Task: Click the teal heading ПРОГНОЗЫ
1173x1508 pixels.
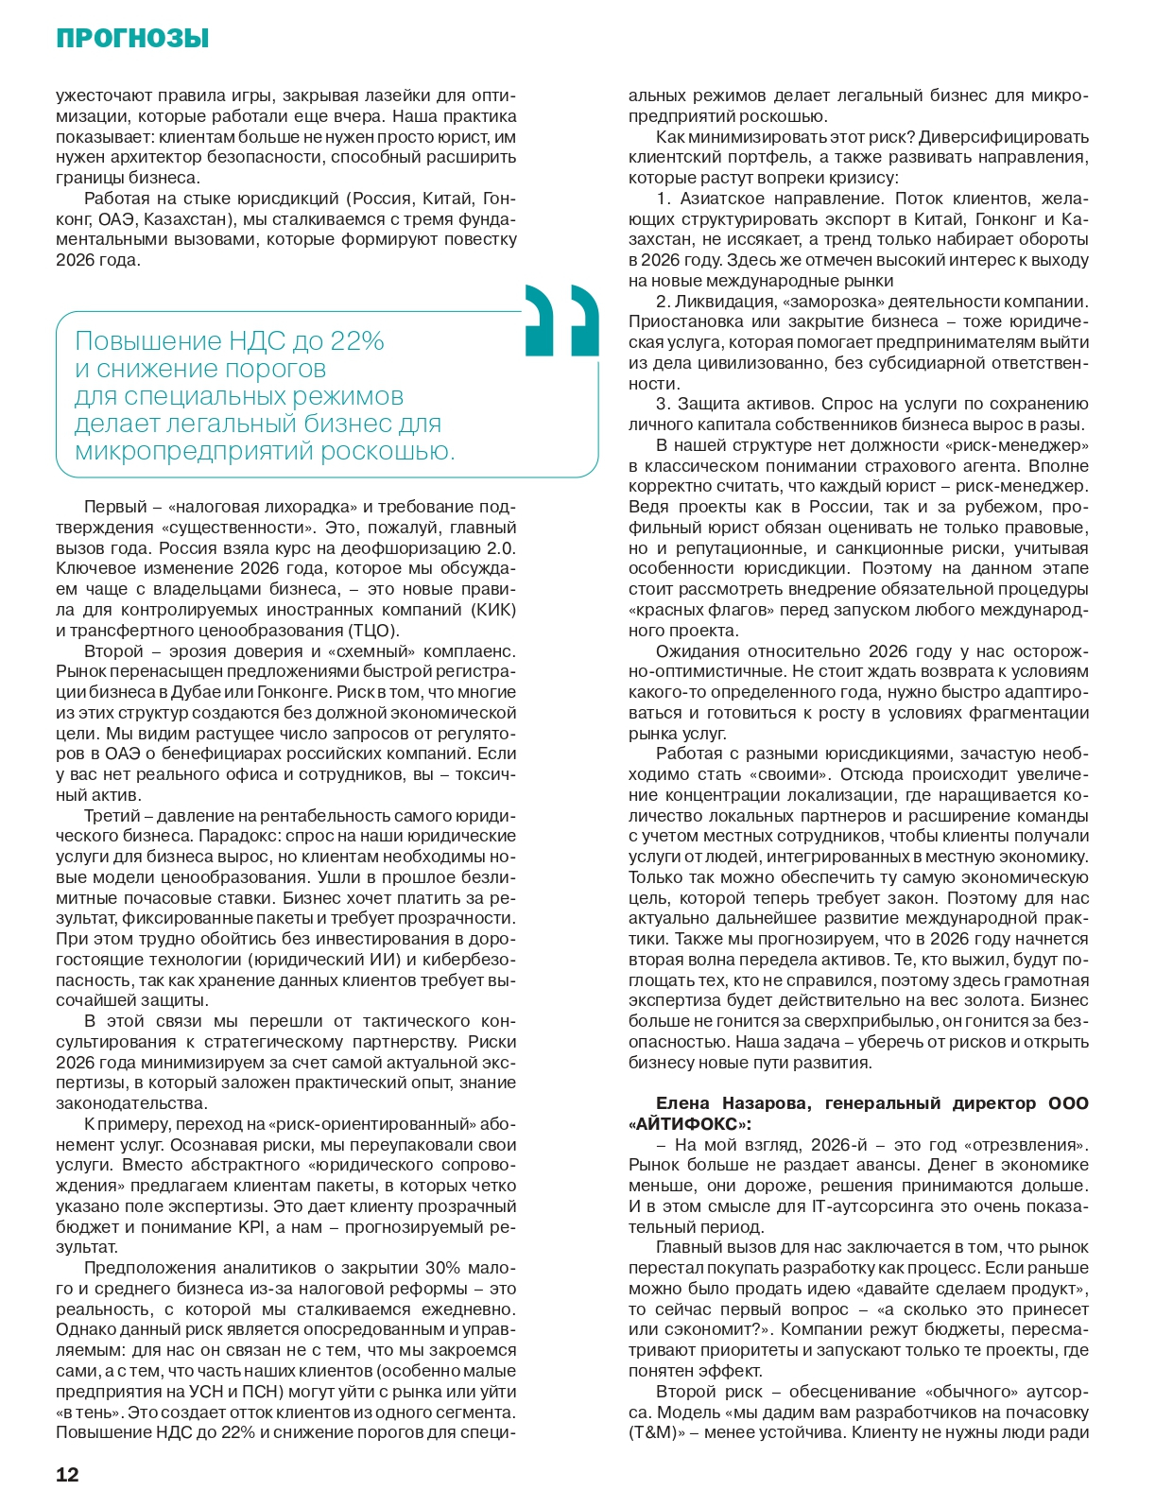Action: tap(132, 39)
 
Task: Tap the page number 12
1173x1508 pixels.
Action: tap(67, 1475)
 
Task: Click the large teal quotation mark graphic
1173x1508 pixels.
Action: tap(561, 321)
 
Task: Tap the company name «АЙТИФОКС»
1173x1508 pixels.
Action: tap(687, 1124)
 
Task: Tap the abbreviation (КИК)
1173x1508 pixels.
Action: tap(492, 610)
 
